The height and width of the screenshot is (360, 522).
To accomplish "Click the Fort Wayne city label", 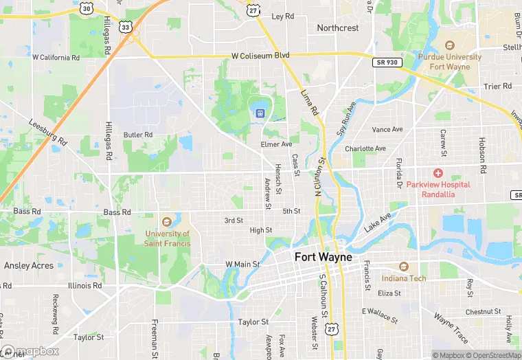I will tap(323, 257).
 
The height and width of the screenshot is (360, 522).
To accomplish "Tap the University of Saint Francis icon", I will tap(166, 221).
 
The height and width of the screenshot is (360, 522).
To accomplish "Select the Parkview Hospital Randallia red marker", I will tap(438, 172).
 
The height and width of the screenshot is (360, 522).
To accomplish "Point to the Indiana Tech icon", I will tap(403, 266).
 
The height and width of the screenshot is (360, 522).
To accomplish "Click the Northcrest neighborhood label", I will tap(337, 28).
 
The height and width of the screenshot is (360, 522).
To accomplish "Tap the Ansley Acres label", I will tap(30, 265).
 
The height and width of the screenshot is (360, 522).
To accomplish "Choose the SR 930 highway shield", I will tap(387, 63).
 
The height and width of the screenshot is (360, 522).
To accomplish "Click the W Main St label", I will tap(242, 264).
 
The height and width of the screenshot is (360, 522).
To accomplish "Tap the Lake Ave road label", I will tap(377, 222).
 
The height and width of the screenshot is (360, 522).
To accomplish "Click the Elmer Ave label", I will tap(276, 145).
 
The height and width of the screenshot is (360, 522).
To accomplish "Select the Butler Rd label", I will tap(137, 135).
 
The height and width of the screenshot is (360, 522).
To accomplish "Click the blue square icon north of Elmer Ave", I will tap(261, 113).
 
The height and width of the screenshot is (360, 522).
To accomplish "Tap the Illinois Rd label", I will tap(84, 285).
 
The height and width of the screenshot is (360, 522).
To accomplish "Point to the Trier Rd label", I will tap(497, 87).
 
